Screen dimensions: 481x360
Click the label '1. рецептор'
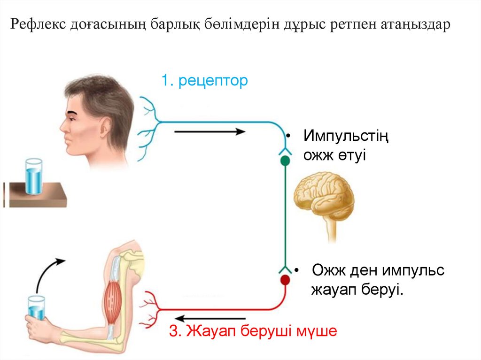[x=204, y=81]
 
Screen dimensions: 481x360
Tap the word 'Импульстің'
[x=346, y=137]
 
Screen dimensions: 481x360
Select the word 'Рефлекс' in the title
[x=39, y=25]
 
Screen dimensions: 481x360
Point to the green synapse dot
[x=285, y=161]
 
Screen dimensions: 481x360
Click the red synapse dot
[x=285, y=280]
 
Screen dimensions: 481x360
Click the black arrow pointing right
[x=209, y=132]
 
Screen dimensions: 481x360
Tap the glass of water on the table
[x=33, y=176]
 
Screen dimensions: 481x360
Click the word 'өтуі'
[x=350, y=154]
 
